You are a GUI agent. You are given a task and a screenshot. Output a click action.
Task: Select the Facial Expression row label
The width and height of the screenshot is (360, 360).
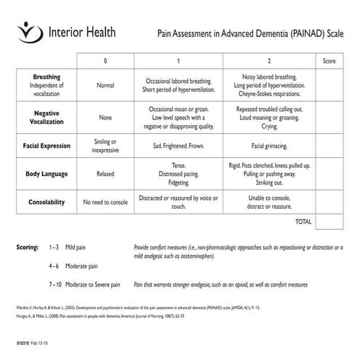click(x=47, y=145)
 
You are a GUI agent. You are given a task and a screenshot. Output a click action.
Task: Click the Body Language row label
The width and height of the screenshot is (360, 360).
click(x=47, y=174)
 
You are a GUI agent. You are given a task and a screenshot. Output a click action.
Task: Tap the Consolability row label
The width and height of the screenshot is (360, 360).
click(x=47, y=201)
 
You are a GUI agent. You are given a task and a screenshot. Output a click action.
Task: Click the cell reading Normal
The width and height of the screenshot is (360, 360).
click(x=105, y=85)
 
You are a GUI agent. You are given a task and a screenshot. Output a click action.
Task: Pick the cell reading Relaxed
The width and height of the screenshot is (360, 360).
click(x=105, y=174)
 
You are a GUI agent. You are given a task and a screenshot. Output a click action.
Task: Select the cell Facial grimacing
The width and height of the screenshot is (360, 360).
click(x=269, y=145)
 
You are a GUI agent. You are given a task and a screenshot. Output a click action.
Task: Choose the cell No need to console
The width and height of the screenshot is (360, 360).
click(x=105, y=201)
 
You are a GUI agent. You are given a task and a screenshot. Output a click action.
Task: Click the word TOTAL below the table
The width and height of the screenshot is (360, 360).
click(x=303, y=222)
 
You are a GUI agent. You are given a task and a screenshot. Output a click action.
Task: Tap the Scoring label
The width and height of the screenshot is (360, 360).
click(x=28, y=248)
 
